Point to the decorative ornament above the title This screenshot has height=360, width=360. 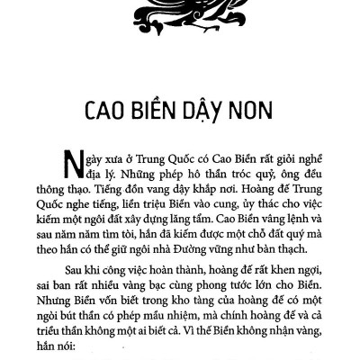tap(179, 13)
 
